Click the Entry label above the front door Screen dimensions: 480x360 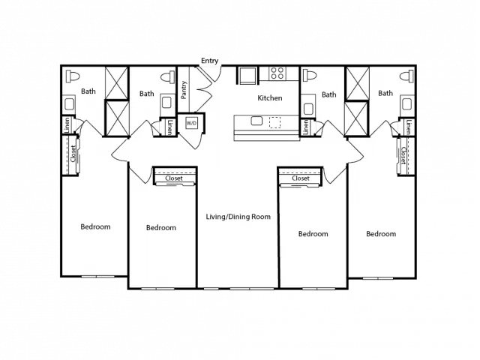[210, 61]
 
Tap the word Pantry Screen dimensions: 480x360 [184, 90]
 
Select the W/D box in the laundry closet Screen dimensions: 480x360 [191, 123]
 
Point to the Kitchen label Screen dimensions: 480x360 [270, 98]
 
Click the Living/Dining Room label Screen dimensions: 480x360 [238, 217]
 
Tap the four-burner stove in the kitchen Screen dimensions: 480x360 [277, 73]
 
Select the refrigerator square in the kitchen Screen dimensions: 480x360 [247, 75]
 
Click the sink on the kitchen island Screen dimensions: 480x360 [256, 121]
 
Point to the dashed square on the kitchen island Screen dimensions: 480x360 [274, 122]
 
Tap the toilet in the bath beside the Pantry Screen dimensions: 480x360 [167, 77]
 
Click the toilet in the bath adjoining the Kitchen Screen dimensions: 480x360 [309, 75]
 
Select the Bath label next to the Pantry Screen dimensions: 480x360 [147, 94]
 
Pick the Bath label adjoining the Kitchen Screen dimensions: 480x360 [328, 94]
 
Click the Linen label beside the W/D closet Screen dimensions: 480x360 [170, 127]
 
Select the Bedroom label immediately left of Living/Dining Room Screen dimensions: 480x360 [161, 228]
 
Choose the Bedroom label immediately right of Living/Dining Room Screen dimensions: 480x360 [313, 234]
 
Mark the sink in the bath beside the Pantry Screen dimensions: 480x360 [166, 103]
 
